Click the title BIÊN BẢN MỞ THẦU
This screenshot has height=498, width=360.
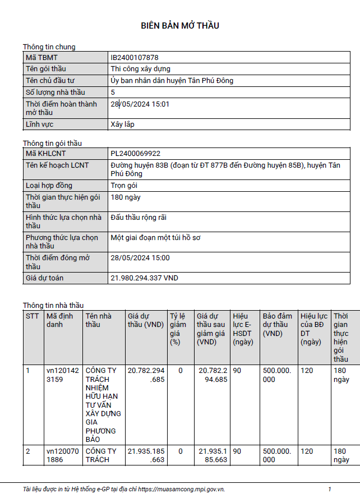pos(179,26)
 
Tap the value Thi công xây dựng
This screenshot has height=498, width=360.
pos(141,69)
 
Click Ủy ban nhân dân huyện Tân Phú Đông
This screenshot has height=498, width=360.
pos(172,80)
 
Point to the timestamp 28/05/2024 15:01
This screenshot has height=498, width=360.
pos(140,104)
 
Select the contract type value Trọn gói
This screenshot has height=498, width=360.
pos(124,186)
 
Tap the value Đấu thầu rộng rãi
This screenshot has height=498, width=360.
pos(139,217)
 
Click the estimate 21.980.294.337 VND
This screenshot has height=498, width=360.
pos(145,278)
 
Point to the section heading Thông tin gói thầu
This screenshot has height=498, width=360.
pos(52,144)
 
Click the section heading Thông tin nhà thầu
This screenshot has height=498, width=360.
pos(53,305)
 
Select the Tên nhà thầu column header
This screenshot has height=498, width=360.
pos(99,320)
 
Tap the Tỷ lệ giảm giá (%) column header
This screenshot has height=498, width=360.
pos(178,329)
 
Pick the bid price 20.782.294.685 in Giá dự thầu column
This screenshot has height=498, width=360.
pos(146,375)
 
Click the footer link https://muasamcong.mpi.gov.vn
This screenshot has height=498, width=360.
pos(182,489)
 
